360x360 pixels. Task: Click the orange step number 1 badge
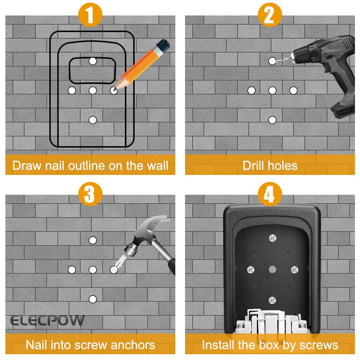tap(90, 15)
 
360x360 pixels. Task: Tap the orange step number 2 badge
tap(270, 15)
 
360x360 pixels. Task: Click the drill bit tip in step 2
tap(273, 61)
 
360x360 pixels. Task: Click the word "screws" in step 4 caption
tap(318, 345)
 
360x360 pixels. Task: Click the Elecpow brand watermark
tap(47, 320)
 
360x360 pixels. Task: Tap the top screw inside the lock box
tap(272, 238)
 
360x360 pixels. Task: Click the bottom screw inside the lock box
tap(272, 300)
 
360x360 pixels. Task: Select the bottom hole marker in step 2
tap(273, 120)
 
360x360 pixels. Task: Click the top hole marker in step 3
tap(93, 240)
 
